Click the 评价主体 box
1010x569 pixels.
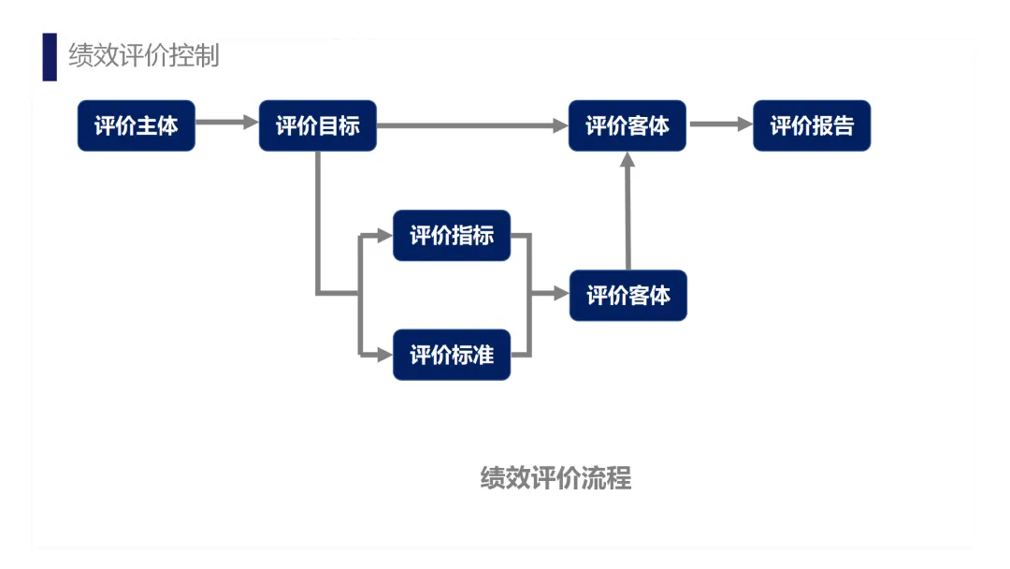136,125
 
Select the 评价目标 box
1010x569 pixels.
317,125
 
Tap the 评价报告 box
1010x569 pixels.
812,125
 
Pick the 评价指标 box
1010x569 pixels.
452,235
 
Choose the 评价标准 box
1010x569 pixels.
452,355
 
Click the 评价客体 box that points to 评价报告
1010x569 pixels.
628,125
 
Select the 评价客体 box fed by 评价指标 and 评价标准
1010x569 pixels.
628,296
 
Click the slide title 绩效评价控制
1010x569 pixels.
144,55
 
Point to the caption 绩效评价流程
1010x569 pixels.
555,478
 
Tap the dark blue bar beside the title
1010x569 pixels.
50,56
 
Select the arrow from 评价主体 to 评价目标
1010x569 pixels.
226,123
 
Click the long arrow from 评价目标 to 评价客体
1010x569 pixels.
472,124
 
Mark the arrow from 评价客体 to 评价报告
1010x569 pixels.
720,124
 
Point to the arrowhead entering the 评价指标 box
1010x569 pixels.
383,235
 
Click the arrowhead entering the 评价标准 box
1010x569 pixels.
383,354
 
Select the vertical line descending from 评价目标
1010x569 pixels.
318,220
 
